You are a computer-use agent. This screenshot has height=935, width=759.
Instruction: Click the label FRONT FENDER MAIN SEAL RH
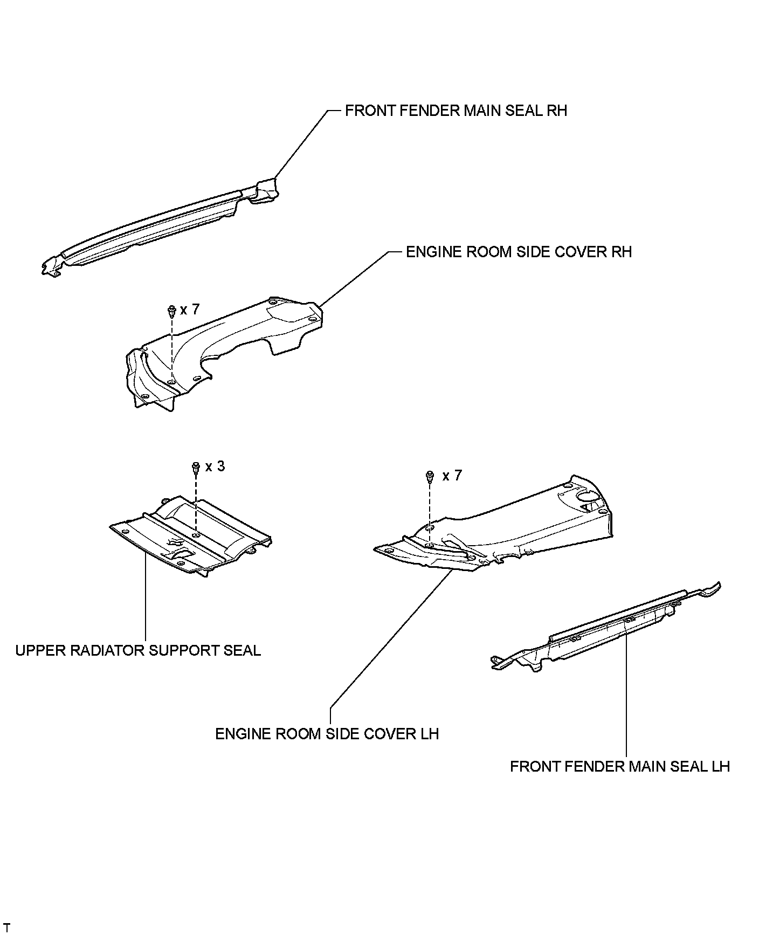[x=456, y=111]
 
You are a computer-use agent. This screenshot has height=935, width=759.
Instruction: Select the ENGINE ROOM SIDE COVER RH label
[x=519, y=252]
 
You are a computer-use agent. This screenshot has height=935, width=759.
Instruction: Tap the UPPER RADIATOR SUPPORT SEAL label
[x=138, y=650]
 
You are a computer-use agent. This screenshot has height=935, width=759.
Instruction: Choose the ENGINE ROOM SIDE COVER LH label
[x=327, y=734]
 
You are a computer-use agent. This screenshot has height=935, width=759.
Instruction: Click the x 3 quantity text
[x=215, y=466]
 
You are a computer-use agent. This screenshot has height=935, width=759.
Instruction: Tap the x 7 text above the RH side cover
[x=190, y=310]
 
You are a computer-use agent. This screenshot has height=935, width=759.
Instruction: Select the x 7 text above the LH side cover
[x=452, y=476]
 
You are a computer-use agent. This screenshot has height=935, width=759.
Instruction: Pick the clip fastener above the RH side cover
[x=171, y=311]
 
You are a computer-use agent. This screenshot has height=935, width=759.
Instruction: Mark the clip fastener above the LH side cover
[x=430, y=476]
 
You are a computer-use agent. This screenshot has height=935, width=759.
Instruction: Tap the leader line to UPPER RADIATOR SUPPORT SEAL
[x=146, y=599]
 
